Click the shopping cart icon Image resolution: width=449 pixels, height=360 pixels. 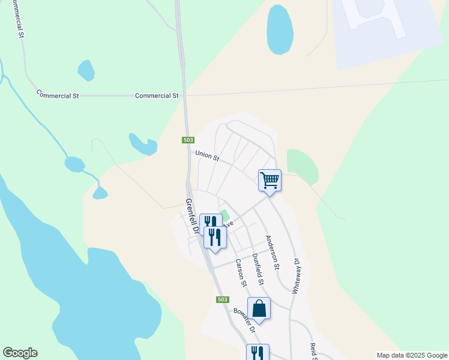[270, 179]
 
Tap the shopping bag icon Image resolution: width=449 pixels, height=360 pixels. [259, 308]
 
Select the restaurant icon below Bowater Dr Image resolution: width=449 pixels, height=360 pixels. [258, 352]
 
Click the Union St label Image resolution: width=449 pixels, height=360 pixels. [208, 156]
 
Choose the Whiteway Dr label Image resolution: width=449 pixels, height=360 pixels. [296, 275]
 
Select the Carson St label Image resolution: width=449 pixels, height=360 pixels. [241, 272]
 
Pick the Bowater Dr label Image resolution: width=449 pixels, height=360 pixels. [244, 321]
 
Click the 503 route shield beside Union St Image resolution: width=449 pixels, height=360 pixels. [188, 140]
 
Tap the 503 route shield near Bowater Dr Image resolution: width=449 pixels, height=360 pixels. [222, 299]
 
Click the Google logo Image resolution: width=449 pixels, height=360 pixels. [20, 353]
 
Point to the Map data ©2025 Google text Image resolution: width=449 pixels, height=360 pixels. [411, 355]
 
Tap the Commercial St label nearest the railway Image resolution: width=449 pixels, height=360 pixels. [157, 95]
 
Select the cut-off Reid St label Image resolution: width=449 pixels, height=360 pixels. [313, 352]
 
